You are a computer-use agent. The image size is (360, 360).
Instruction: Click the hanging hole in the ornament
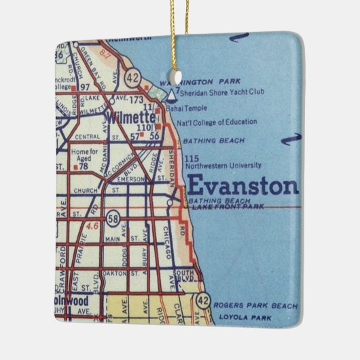tap(179, 72)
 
